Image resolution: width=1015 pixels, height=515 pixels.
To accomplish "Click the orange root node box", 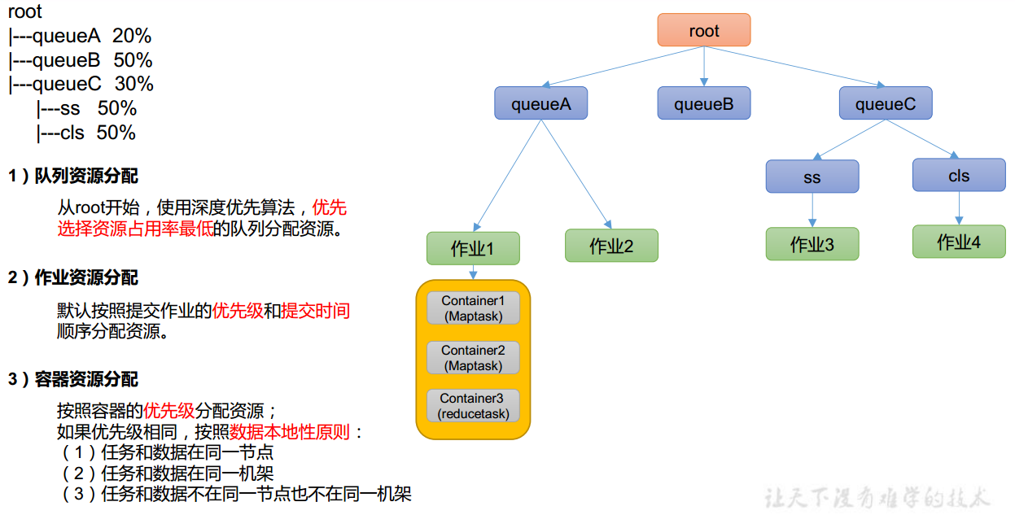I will (x=703, y=31).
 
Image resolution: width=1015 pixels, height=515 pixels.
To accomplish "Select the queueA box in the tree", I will (x=540, y=104).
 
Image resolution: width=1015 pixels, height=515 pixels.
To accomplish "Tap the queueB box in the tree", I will (x=703, y=104).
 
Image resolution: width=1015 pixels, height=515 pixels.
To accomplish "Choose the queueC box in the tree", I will (x=885, y=104).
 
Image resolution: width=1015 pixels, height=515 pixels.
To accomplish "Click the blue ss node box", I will (x=812, y=177).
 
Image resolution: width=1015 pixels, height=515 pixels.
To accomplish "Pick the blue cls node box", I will (x=958, y=176).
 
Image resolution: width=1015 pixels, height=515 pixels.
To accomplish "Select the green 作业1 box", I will (x=472, y=248).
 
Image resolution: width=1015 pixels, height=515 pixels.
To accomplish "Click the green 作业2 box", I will (x=611, y=246).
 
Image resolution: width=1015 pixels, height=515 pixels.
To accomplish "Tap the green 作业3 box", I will (x=812, y=244).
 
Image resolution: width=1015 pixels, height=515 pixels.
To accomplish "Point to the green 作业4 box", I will (x=958, y=242).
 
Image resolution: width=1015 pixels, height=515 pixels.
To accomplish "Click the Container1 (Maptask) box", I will (x=473, y=308).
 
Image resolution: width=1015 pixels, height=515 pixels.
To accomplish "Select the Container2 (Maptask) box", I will (x=473, y=357).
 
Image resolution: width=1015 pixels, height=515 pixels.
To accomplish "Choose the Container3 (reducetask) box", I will (x=473, y=406).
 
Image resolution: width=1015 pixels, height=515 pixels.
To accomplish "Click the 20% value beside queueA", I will (x=132, y=37).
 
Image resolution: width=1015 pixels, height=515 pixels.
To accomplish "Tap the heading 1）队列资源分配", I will (x=73, y=177).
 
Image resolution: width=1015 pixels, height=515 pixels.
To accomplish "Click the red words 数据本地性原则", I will (x=290, y=432).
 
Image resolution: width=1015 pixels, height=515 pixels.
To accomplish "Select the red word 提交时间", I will (x=316, y=311).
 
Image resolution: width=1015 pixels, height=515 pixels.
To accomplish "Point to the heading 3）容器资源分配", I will (x=73, y=380).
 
